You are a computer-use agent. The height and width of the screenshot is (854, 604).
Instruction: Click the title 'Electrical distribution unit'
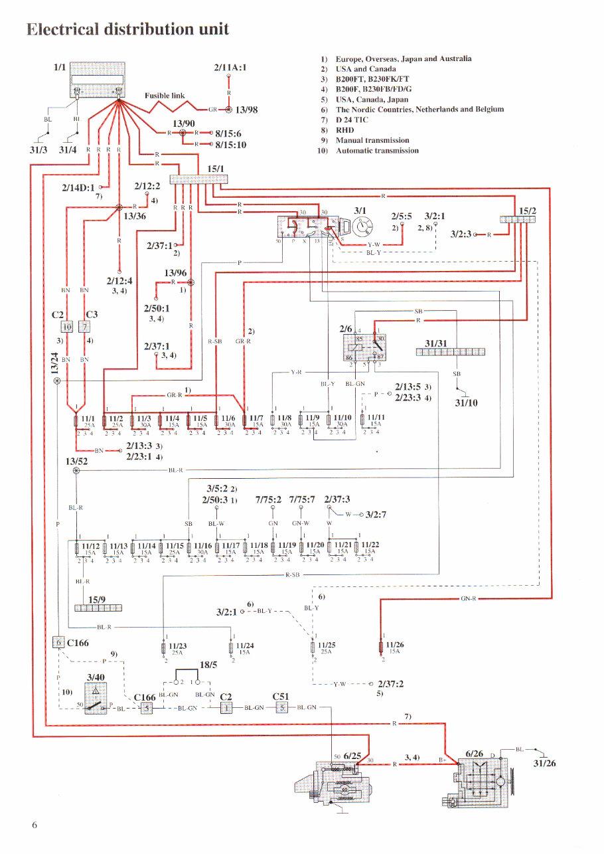(127, 29)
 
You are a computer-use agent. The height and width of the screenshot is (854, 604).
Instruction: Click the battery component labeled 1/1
(97, 80)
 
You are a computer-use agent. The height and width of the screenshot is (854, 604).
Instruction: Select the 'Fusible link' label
(165, 96)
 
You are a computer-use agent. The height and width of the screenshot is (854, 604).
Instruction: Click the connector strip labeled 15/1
(198, 179)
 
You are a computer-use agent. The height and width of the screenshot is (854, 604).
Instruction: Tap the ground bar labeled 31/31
(450, 352)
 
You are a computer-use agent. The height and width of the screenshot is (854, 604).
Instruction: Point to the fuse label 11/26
(394, 644)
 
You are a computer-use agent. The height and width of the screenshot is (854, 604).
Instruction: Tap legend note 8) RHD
(339, 130)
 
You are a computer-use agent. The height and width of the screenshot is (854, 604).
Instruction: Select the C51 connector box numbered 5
(281, 708)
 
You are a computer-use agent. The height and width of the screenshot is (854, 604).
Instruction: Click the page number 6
(35, 825)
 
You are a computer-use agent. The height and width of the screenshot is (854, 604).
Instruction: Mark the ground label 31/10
(465, 402)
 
